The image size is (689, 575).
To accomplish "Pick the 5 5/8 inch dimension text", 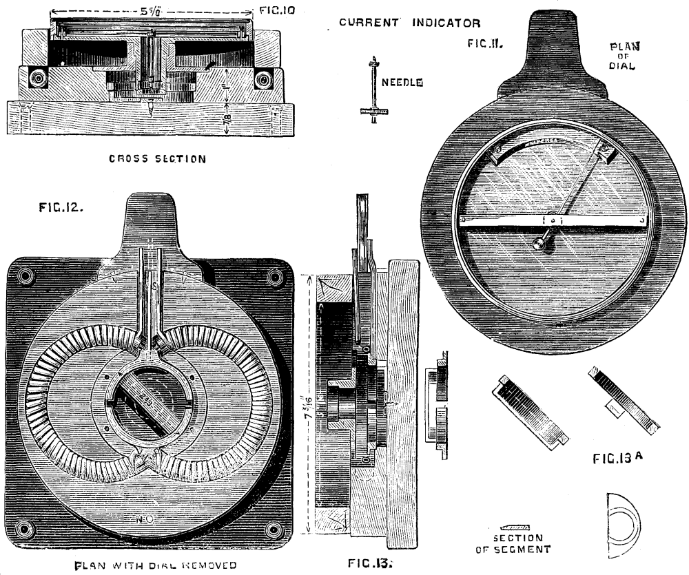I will click(147, 11).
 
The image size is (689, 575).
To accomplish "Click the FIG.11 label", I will click(487, 43).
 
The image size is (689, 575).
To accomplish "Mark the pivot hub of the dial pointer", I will click(538, 242).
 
